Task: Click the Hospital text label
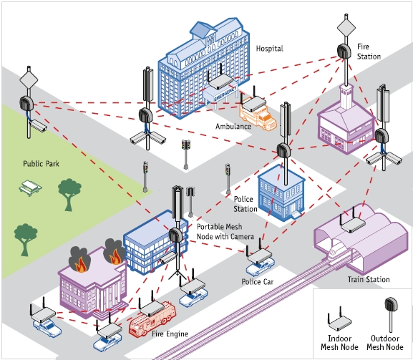coord(269,49)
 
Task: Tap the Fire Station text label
coord(369,52)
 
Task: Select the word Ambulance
coord(233,127)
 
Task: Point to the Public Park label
coord(41,164)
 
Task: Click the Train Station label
coord(369,279)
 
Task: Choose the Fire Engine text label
coord(170,334)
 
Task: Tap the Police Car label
coord(258,282)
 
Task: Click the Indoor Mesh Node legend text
coord(339,343)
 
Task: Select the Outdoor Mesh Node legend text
coord(385,343)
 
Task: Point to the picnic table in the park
coord(30,188)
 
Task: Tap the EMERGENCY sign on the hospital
coord(225,94)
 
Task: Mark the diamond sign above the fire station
coord(346,26)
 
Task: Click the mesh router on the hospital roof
coord(220,80)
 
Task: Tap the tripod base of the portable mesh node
coord(178,275)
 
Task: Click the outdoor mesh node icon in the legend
coord(391,315)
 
